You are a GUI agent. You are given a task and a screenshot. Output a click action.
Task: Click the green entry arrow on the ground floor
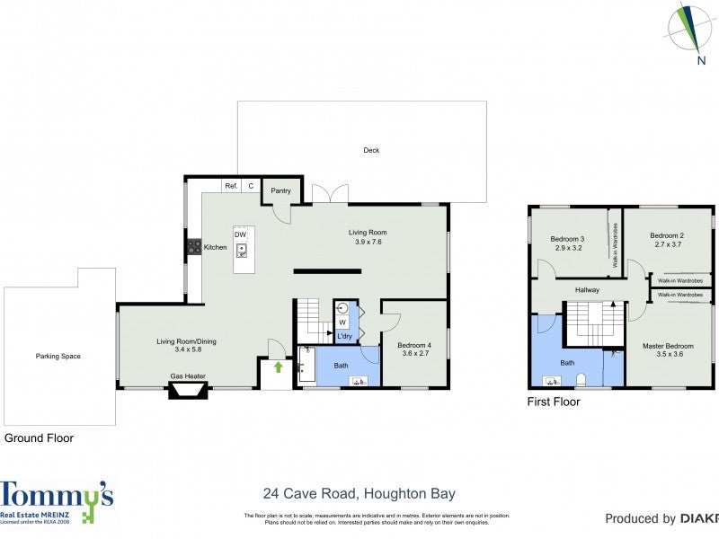[x=278, y=367]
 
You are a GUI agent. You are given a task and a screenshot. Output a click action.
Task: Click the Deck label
[x=371, y=150]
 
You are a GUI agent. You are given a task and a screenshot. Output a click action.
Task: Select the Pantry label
[x=280, y=190]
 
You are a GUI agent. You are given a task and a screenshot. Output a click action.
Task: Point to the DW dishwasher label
[x=240, y=234]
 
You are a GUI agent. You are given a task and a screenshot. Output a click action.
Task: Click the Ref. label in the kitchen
[x=231, y=186]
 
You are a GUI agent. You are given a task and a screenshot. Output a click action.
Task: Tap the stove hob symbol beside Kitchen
[x=193, y=246]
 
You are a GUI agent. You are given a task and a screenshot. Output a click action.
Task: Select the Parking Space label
[x=58, y=357]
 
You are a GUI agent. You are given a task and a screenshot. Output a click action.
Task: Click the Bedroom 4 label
[x=414, y=345]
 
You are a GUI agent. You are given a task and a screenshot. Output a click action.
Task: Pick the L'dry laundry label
[x=344, y=337]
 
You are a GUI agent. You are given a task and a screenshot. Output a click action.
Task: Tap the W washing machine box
[x=342, y=322]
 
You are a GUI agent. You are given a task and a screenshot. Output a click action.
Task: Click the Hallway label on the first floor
[x=587, y=289]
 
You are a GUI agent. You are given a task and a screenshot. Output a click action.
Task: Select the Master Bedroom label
[x=668, y=346]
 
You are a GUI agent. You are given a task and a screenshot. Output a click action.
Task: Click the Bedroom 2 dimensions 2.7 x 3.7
[x=668, y=243]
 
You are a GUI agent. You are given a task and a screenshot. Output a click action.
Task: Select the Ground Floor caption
[x=39, y=438]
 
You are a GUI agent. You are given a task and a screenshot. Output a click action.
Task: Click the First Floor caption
[x=553, y=402]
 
